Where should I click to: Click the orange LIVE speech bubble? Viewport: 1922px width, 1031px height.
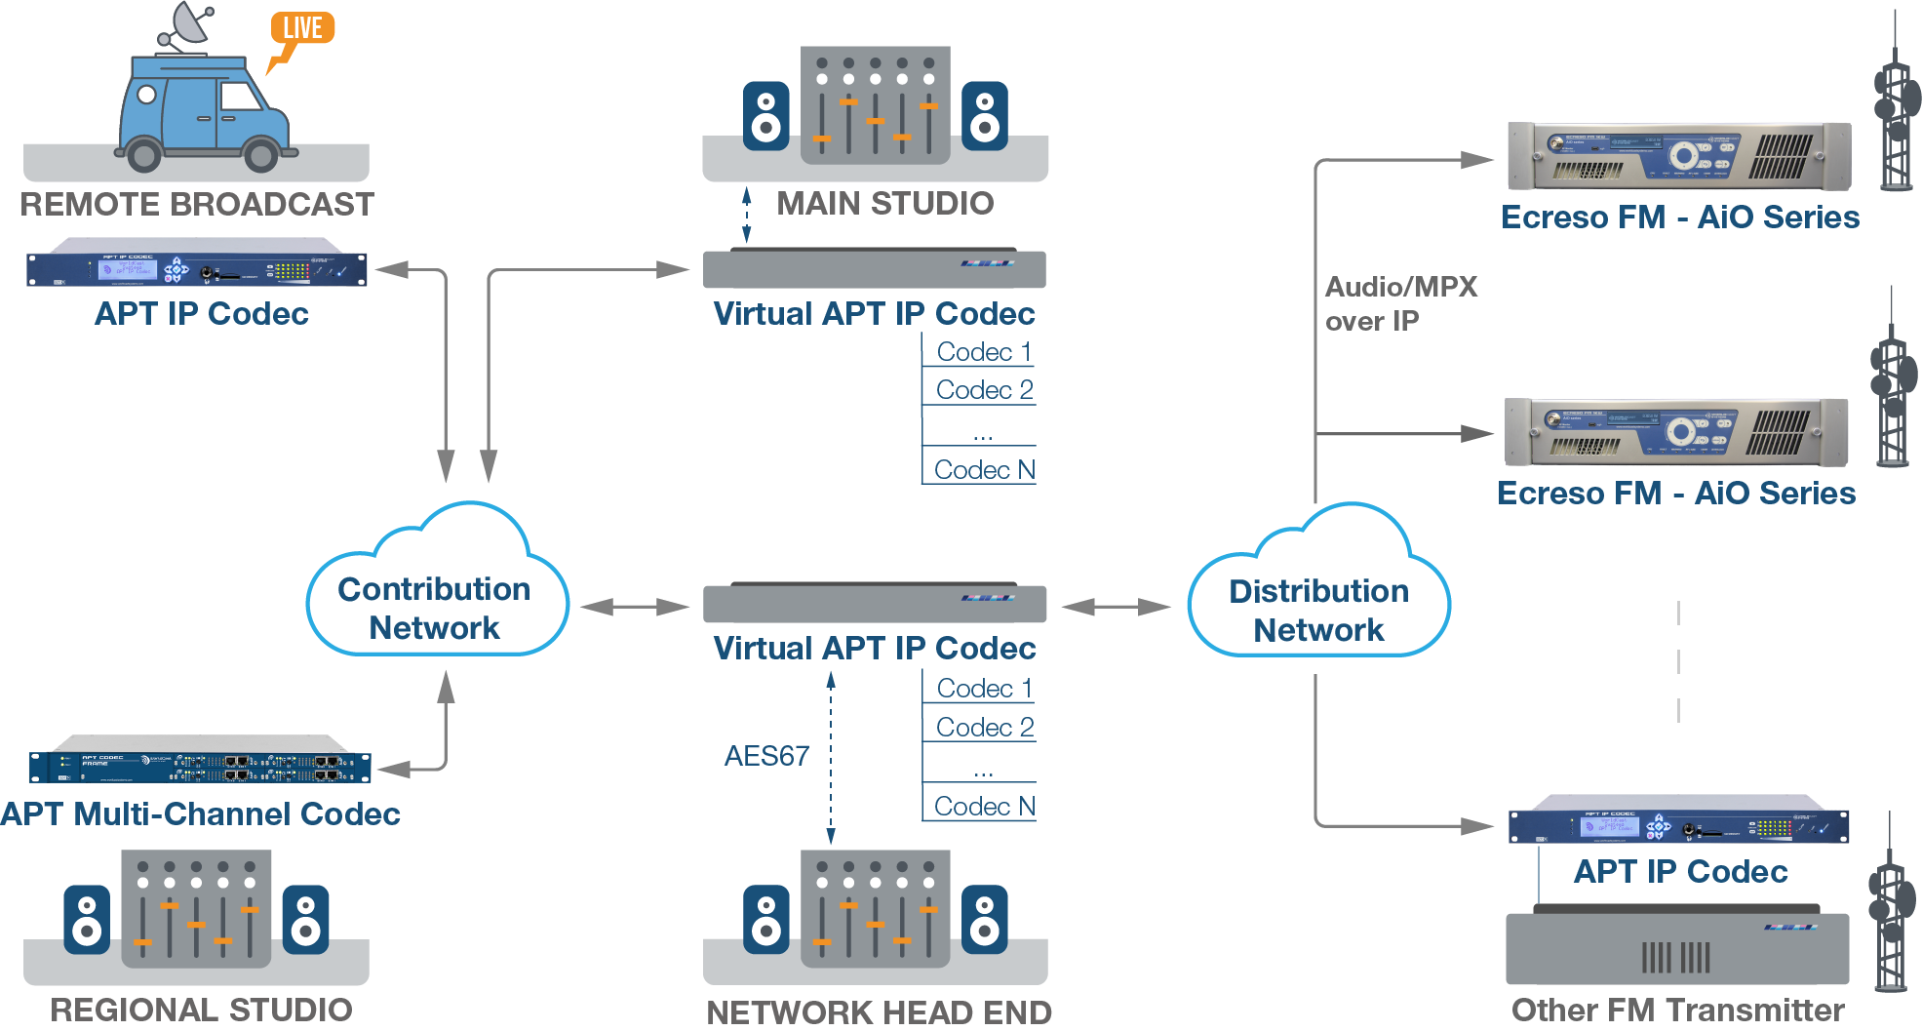tap(302, 29)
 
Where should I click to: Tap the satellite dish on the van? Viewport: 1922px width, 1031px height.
tap(187, 24)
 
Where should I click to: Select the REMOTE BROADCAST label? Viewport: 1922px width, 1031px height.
tap(197, 205)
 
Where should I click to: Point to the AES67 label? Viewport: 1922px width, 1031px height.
tap(766, 756)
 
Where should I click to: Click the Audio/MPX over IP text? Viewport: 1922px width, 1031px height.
tap(1400, 303)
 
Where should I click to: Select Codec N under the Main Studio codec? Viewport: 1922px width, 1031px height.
tap(984, 470)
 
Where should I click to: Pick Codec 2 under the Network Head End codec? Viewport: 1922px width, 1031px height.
tap(984, 728)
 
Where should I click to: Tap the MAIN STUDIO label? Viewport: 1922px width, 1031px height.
tap(884, 204)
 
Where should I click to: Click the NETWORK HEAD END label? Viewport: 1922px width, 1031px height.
tap(879, 1012)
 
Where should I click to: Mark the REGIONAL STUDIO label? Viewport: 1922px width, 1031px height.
tap(201, 1010)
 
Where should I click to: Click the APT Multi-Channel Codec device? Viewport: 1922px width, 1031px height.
tap(200, 767)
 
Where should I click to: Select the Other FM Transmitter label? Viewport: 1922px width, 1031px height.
tap(1677, 1011)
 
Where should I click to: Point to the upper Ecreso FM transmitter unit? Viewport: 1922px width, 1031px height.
tap(1678, 156)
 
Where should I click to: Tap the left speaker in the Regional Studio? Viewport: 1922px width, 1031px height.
tap(87, 920)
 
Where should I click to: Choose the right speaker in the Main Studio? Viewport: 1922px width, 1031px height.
tap(985, 116)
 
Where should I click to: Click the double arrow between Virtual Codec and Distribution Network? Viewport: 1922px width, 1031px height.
tap(1117, 608)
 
